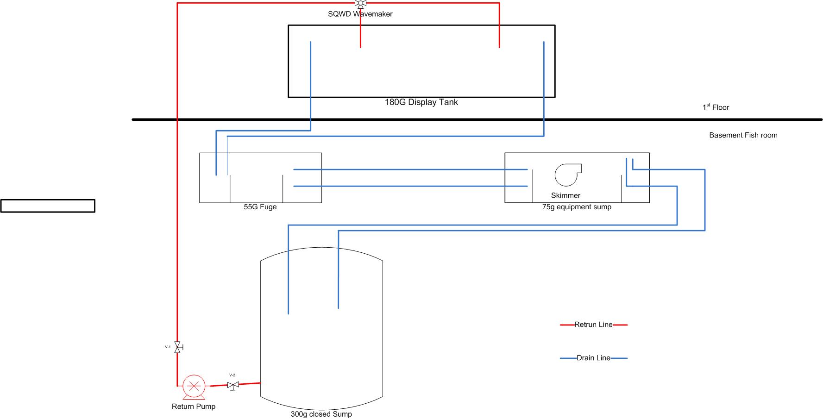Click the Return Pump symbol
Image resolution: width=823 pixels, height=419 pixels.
194,387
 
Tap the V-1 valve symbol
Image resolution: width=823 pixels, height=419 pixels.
177,347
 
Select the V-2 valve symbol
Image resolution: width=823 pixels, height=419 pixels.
233,385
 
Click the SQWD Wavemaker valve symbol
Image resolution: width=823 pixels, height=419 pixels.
360,4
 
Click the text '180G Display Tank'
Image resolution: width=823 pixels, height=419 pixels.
421,102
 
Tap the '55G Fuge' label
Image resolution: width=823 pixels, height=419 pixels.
260,207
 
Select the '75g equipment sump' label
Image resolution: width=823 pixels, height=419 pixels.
577,207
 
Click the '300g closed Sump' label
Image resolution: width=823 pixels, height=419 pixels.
321,414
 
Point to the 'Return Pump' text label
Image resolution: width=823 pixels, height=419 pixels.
194,406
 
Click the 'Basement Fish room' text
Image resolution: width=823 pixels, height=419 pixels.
743,135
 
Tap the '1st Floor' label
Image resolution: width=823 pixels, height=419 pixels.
716,107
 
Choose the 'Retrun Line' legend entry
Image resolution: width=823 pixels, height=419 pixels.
593,325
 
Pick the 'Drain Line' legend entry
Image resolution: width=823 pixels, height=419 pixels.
593,358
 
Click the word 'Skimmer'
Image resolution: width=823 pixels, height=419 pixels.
565,195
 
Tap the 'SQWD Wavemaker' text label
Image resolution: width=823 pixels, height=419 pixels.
360,14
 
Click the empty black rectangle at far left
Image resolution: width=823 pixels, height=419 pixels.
48,206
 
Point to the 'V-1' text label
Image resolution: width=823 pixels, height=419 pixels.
168,346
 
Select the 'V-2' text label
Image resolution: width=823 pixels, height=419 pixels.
232,375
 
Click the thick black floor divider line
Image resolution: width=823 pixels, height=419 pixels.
463,119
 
